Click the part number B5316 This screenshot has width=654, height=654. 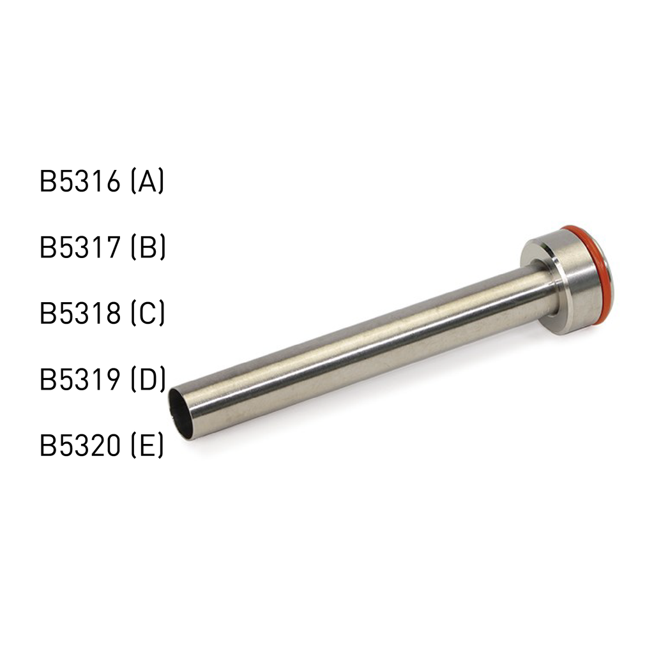(x=80, y=182)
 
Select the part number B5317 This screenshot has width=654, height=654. (x=80, y=248)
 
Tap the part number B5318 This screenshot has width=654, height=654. (x=80, y=314)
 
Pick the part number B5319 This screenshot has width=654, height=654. (x=80, y=379)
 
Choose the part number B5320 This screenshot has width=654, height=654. (x=80, y=445)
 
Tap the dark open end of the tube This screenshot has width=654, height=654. (x=180, y=414)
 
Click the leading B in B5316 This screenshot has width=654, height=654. (x=48, y=182)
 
